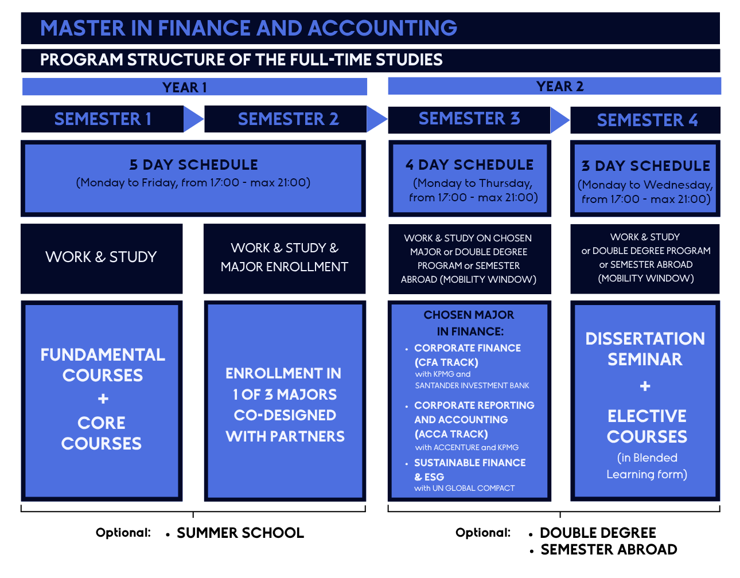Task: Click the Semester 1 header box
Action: click(x=102, y=119)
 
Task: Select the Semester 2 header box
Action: click(x=285, y=119)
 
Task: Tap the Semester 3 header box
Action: click(x=469, y=120)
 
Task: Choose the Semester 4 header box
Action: click(x=645, y=120)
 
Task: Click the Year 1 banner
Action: click(x=194, y=87)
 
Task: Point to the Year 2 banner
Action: click(x=554, y=86)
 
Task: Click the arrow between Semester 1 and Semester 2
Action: click(x=194, y=119)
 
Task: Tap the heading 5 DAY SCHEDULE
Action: click(x=193, y=165)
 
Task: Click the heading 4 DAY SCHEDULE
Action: click(x=469, y=165)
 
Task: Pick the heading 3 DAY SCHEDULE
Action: click(x=646, y=166)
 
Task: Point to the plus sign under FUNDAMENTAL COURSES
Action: click(x=103, y=399)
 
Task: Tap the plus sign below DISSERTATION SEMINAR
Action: click(x=645, y=386)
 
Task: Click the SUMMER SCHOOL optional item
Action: click(x=240, y=533)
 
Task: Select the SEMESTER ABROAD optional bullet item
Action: click(x=609, y=549)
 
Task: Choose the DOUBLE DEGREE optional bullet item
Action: click(x=598, y=533)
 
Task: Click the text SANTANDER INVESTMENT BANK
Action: click(x=472, y=385)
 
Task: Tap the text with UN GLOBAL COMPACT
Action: click(x=464, y=488)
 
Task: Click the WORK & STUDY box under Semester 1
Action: click(x=102, y=259)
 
